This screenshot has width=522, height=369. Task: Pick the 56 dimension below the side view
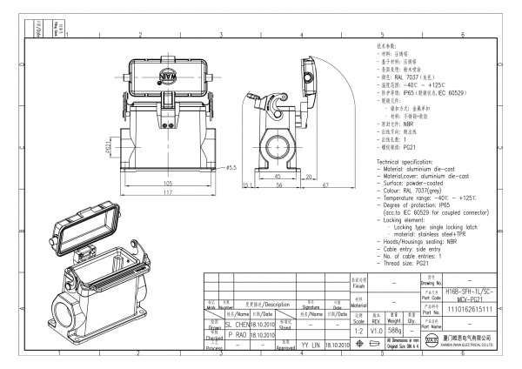279,185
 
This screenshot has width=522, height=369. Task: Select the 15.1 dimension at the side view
246,185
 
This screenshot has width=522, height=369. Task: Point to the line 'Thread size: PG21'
411,263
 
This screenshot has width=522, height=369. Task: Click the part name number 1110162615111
469,308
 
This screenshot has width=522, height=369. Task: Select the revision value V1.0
377,331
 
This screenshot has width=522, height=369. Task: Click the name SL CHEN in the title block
238,322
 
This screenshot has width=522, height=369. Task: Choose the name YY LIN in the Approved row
310,345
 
